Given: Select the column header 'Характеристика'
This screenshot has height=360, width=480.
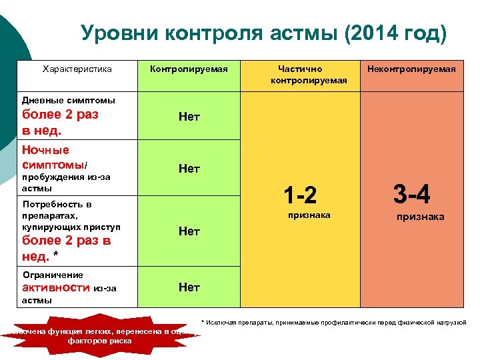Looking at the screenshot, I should pos(77,69).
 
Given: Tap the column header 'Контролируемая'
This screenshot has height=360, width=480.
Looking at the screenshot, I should pos(189,69).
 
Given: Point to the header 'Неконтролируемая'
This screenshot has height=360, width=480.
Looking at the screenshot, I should pos(411,69).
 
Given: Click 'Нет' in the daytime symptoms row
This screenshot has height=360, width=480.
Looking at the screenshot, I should pos(189,117).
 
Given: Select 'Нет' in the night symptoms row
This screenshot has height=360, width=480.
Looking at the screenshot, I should pos(189,169).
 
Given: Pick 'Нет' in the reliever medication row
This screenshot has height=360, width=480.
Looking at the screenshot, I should pos(189,231).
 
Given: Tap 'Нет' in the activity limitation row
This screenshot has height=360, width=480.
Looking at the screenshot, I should pos(189,287).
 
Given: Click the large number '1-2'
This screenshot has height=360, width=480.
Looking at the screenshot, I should pos(299,195).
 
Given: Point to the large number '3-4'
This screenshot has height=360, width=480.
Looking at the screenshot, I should pos(411,194).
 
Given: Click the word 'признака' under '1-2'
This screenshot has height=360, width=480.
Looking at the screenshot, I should pos(309,215).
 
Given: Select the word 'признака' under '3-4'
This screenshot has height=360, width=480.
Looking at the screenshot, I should pos(420,217).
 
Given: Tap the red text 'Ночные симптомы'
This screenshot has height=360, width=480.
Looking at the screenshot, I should pos(53,157).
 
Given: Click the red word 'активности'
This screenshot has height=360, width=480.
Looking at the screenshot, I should pos(56,287).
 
